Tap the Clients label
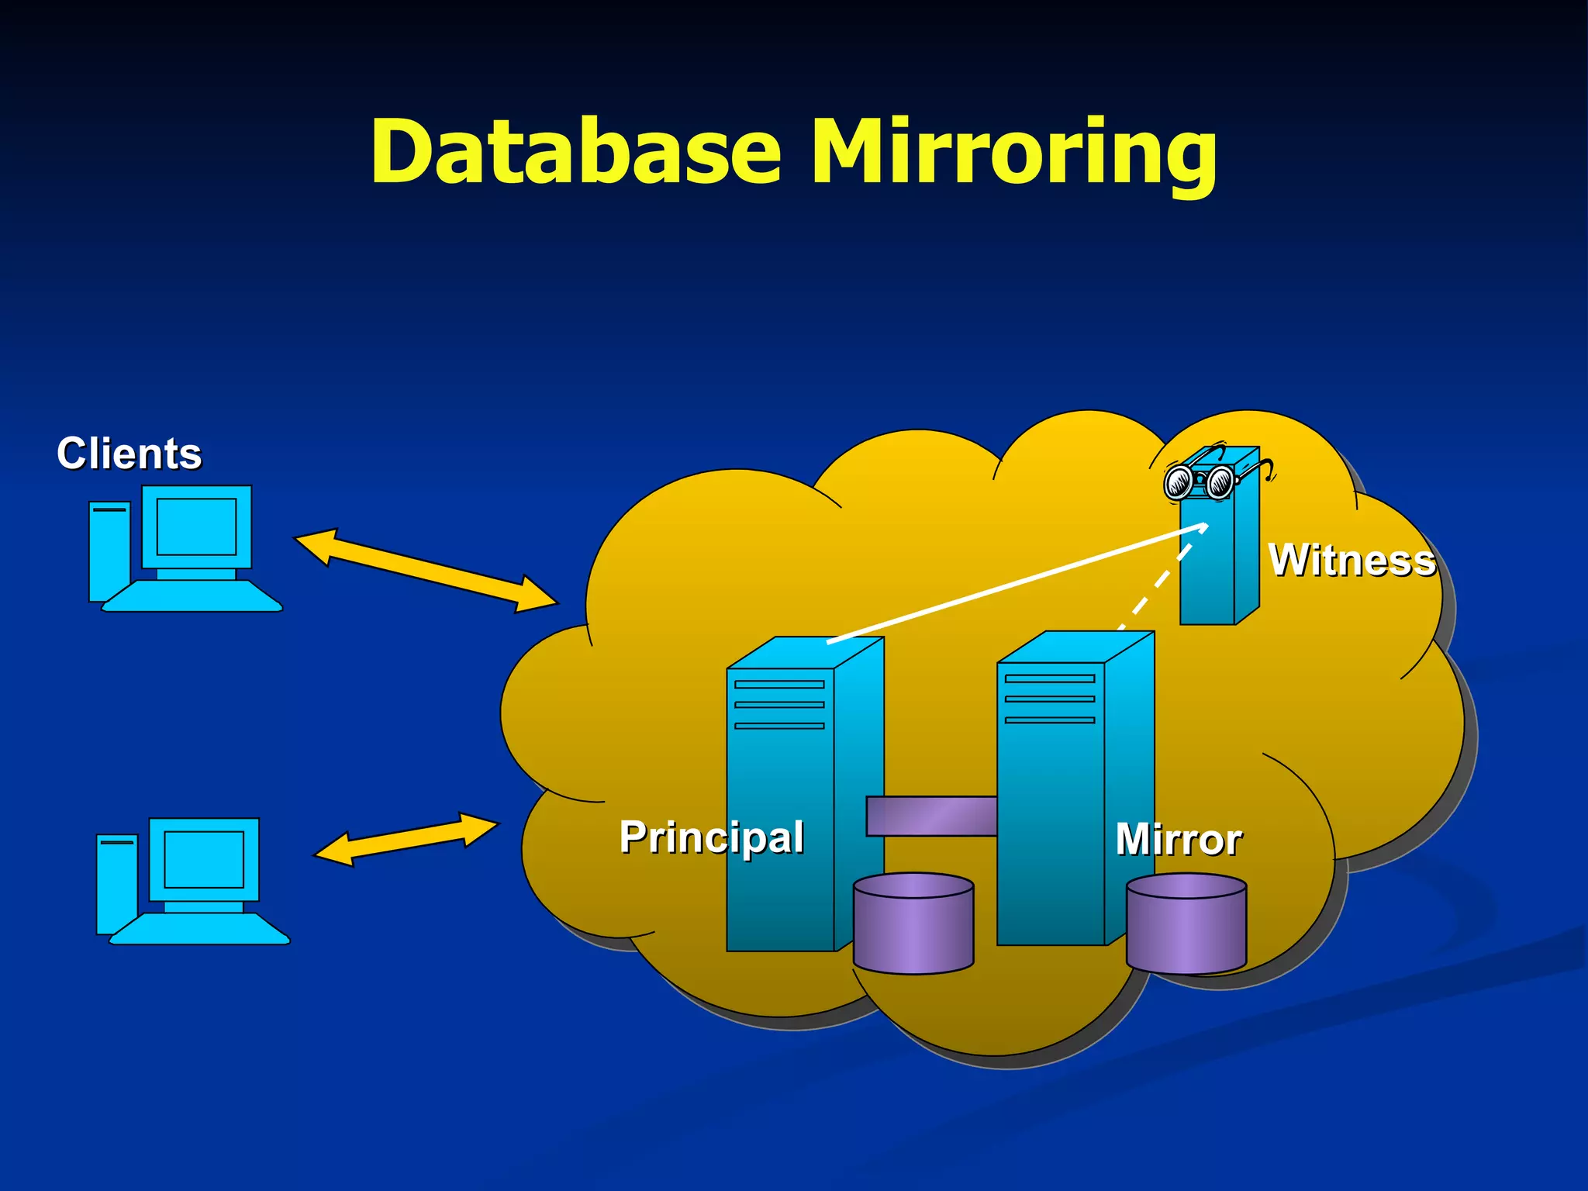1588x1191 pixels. pyautogui.click(x=129, y=454)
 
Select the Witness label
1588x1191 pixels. pyautogui.click(x=1352, y=560)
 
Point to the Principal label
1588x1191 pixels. pyautogui.click(x=711, y=837)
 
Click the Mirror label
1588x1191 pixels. pyautogui.click(x=1178, y=840)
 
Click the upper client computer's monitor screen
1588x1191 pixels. pyautogui.click(x=196, y=526)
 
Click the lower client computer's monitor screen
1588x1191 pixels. pyautogui.click(x=204, y=859)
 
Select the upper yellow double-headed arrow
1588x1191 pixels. pyautogui.click(x=426, y=571)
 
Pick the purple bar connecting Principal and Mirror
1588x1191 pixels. pyautogui.click(x=930, y=816)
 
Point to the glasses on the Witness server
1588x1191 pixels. pyautogui.click(x=1200, y=482)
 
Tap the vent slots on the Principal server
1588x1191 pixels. pyautogui.click(x=778, y=705)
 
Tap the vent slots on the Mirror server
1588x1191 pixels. pyautogui.click(x=1049, y=699)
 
